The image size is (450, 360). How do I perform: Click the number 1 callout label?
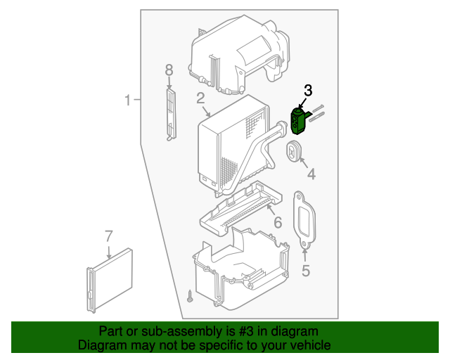click(128, 101)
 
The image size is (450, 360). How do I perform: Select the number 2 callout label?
click(200, 98)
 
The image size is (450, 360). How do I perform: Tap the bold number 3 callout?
click(308, 90)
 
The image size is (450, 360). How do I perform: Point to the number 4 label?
click(310, 173)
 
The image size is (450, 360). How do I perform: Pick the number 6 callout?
click(277, 223)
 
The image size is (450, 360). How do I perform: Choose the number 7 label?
click(108, 236)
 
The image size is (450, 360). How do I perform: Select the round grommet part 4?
click(293, 149)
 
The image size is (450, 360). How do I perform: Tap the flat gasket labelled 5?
click(303, 219)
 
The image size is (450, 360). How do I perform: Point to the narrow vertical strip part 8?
click(170, 112)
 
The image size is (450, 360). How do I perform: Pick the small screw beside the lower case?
click(190, 296)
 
